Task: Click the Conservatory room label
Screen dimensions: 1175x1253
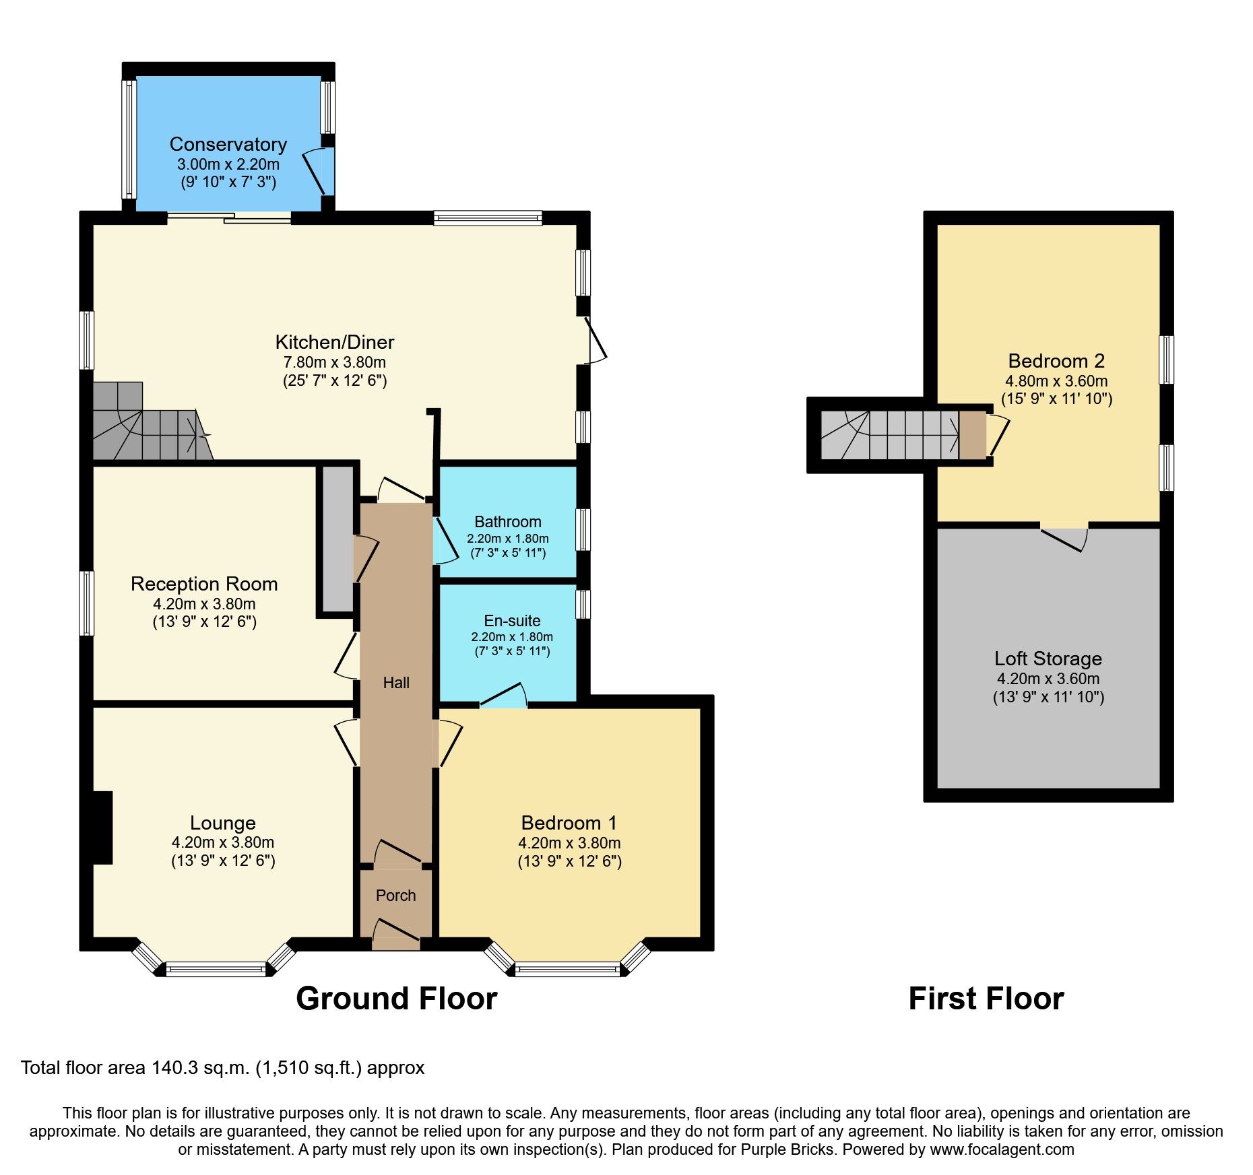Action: click(228, 144)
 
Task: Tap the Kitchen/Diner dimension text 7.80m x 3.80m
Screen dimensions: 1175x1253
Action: click(334, 362)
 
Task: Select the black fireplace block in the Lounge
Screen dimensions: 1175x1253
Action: click(102, 828)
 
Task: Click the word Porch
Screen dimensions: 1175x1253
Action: click(395, 896)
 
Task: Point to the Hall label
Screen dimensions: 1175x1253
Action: click(396, 683)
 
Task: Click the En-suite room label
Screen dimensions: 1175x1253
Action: click(512, 620)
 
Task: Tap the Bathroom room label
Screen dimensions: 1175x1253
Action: click(507, 522)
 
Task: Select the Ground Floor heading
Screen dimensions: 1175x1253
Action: click(396, 999)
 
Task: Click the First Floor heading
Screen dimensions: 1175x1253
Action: click(986, 999)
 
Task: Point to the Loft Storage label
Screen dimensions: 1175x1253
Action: click(1048, 659)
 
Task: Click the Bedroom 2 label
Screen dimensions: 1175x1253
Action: click(1056, 361)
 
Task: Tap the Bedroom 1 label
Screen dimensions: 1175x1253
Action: click(569, 823)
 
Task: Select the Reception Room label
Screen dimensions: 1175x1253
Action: click(204, 584)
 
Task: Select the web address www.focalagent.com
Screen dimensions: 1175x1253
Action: click(1002, 1149)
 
